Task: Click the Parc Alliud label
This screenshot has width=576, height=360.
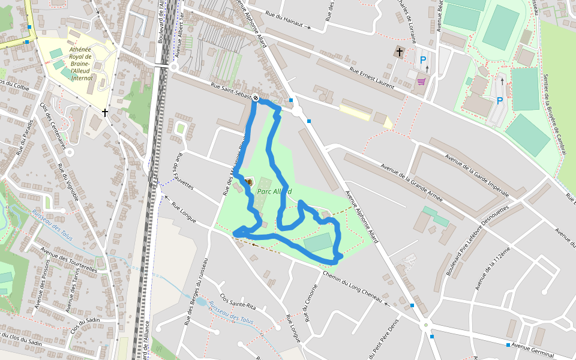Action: click(x=274, y=191)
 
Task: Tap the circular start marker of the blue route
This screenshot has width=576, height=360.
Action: click(x=256, y=98)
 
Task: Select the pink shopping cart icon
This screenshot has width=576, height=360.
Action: click(x=421, y=81)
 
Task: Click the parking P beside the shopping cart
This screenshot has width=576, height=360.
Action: click(x=423, y=60)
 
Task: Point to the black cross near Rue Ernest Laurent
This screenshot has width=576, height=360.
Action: click(x=399, y=52)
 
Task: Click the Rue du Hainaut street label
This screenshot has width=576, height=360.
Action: click(x=287, y=22)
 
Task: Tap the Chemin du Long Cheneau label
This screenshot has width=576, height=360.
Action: click(x=352, y=286)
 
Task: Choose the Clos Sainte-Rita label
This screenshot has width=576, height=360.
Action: click(x=238, y=301)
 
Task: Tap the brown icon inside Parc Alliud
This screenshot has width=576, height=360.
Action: click(x=247, y=181)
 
